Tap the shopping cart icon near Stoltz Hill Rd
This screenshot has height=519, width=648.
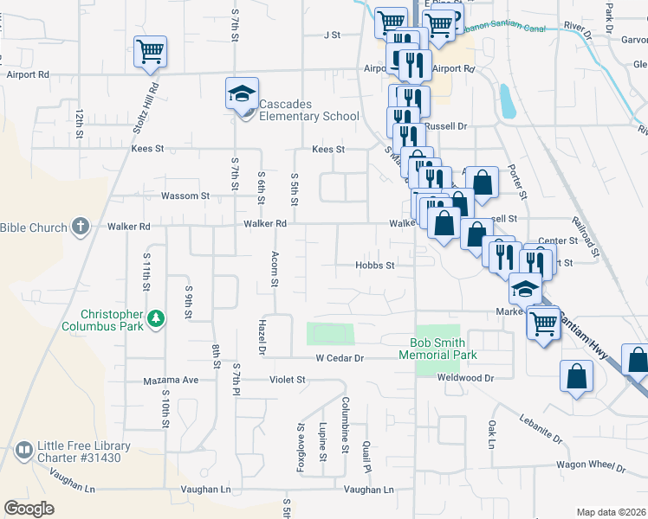click(x=151, y=51)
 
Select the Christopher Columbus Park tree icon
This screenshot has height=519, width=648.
click(x=156, y=318)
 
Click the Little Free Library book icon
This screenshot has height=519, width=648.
click(x=23, y=450)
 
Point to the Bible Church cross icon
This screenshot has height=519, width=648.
click(x=81, y=227)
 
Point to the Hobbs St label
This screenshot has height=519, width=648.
click(x=375, y=266)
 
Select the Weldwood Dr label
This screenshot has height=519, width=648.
click(x=465, y=378)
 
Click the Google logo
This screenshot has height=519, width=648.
click(x=29, y=509)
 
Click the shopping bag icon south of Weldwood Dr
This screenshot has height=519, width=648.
click(x=576, y=377)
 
